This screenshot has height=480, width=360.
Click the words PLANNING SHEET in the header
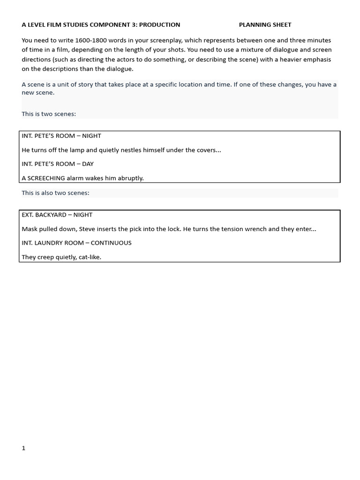pos(265,25)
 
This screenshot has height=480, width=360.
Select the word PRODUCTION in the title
pos(159,25)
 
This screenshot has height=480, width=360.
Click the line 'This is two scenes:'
pos(49,114)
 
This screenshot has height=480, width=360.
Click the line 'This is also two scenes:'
pos(55,193)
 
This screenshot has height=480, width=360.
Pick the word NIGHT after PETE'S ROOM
pos(91,136)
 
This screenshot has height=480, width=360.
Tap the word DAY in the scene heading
pos(88,164)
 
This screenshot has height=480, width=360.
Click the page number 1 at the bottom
pos(23,448)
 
